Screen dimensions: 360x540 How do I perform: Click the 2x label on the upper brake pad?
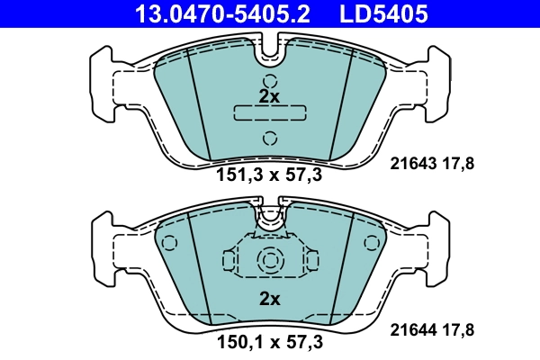(x=269, y=95)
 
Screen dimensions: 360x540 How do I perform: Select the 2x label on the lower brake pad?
(x=270, y=298)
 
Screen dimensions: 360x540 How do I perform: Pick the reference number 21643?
(x=413, y=163)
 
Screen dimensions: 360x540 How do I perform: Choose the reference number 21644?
(x=413, y=329)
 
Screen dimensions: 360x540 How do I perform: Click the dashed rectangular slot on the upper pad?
(x=269, y=112)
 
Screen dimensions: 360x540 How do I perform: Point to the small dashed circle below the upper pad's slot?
(x=269, y=138)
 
